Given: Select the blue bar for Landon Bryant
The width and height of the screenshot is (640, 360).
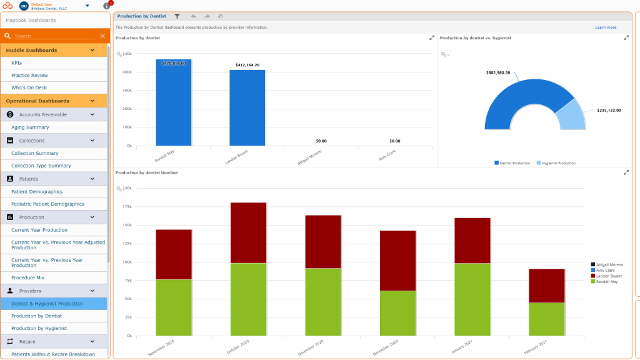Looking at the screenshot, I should [247, 109].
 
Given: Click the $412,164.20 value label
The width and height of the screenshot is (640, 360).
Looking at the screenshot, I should [247, 65].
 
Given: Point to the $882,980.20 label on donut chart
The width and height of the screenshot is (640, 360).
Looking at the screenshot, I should [497, 72].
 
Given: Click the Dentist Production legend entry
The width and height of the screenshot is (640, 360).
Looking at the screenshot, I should [512, 163].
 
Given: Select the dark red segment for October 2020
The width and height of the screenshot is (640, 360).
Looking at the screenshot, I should [248, 232].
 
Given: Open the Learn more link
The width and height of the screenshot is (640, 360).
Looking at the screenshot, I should [605, 27].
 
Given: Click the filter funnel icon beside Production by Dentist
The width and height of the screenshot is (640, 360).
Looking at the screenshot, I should [177, 16].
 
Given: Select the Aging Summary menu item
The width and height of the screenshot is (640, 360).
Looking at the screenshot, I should [30, 127].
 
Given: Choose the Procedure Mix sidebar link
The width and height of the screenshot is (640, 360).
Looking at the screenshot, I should [27, 277].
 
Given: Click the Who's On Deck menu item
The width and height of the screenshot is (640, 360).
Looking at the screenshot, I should [29, 87].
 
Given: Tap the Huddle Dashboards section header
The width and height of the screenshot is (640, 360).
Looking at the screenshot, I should [31, 50].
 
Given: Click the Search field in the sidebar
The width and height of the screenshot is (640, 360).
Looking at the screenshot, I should [53, 36].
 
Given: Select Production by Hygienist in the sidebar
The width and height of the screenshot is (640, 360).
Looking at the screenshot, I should [39, 328].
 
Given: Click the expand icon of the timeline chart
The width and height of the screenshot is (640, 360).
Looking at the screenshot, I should [626, 172].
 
